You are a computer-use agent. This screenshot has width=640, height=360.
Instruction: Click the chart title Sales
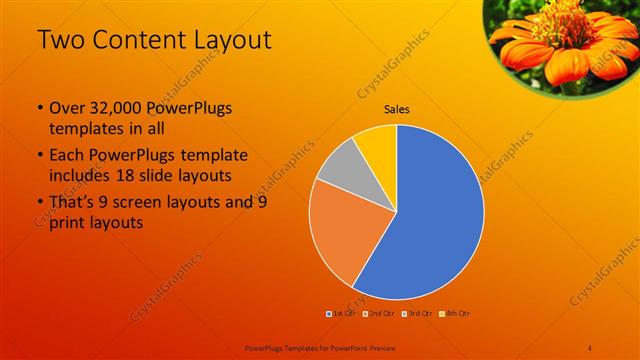pos(397,109)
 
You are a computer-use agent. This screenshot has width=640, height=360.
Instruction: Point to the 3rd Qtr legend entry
pos(417,313)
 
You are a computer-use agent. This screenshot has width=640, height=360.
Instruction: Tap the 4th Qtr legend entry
pos(454,313)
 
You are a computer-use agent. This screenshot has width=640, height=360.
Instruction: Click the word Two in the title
pos(61,41)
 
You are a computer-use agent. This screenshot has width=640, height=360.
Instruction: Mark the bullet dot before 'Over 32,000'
pos(39,108)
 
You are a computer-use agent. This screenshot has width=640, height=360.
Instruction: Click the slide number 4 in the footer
pos(590,346)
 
